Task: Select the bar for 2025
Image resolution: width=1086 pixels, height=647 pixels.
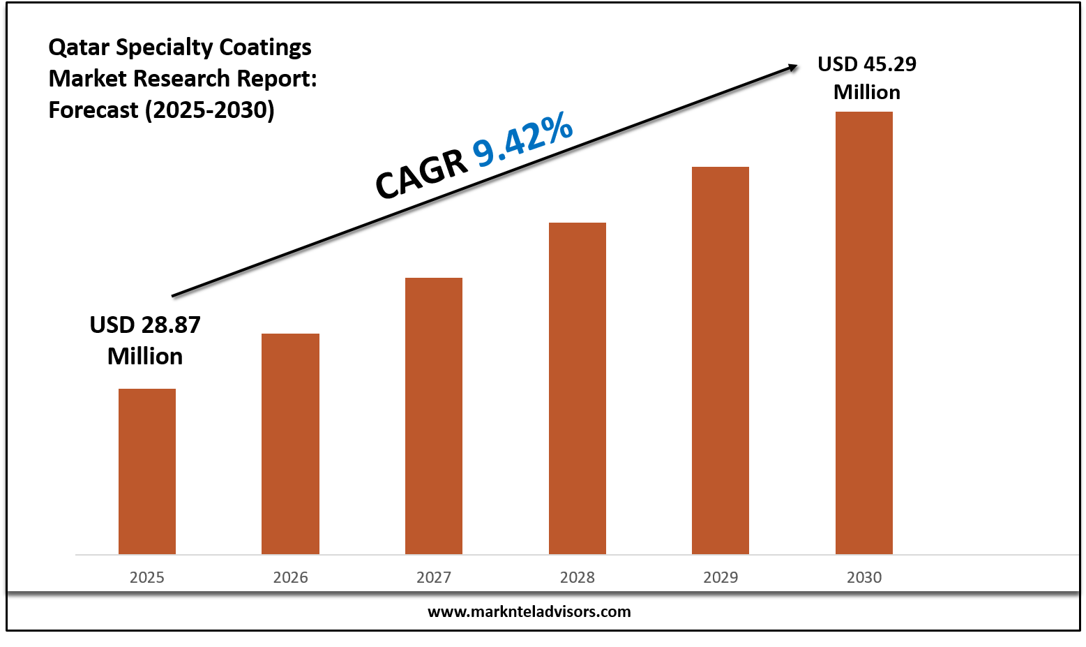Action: [147, 471]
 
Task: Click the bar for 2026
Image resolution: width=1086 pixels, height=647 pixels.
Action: [290, 444]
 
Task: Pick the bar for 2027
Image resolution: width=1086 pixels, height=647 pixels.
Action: [434, 416]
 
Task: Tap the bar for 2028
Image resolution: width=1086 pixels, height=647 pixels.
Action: [578, 388]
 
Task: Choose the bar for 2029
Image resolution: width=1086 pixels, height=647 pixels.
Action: [721, 360]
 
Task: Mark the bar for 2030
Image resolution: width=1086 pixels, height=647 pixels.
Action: [864, 333]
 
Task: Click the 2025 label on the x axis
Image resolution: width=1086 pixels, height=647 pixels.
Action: [147, 577]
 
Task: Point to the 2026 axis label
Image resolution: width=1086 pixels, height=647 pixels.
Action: [290, 577]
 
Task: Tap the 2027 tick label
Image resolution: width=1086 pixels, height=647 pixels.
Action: [434, 577]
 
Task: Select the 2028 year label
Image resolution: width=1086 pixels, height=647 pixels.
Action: [578, 577]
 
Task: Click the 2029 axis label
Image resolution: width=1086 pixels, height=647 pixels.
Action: [721, 577]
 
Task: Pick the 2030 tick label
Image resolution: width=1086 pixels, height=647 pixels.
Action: [864, 577]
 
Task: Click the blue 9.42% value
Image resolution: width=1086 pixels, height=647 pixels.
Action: [523, 142]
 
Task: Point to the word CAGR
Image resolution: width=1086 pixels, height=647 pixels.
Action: [421, 174]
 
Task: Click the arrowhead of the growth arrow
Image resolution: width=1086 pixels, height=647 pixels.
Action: [793, 67]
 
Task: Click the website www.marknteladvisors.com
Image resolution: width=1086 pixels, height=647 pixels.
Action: [529, 611]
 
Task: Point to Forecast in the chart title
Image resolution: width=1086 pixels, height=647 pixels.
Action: [93, 110]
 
